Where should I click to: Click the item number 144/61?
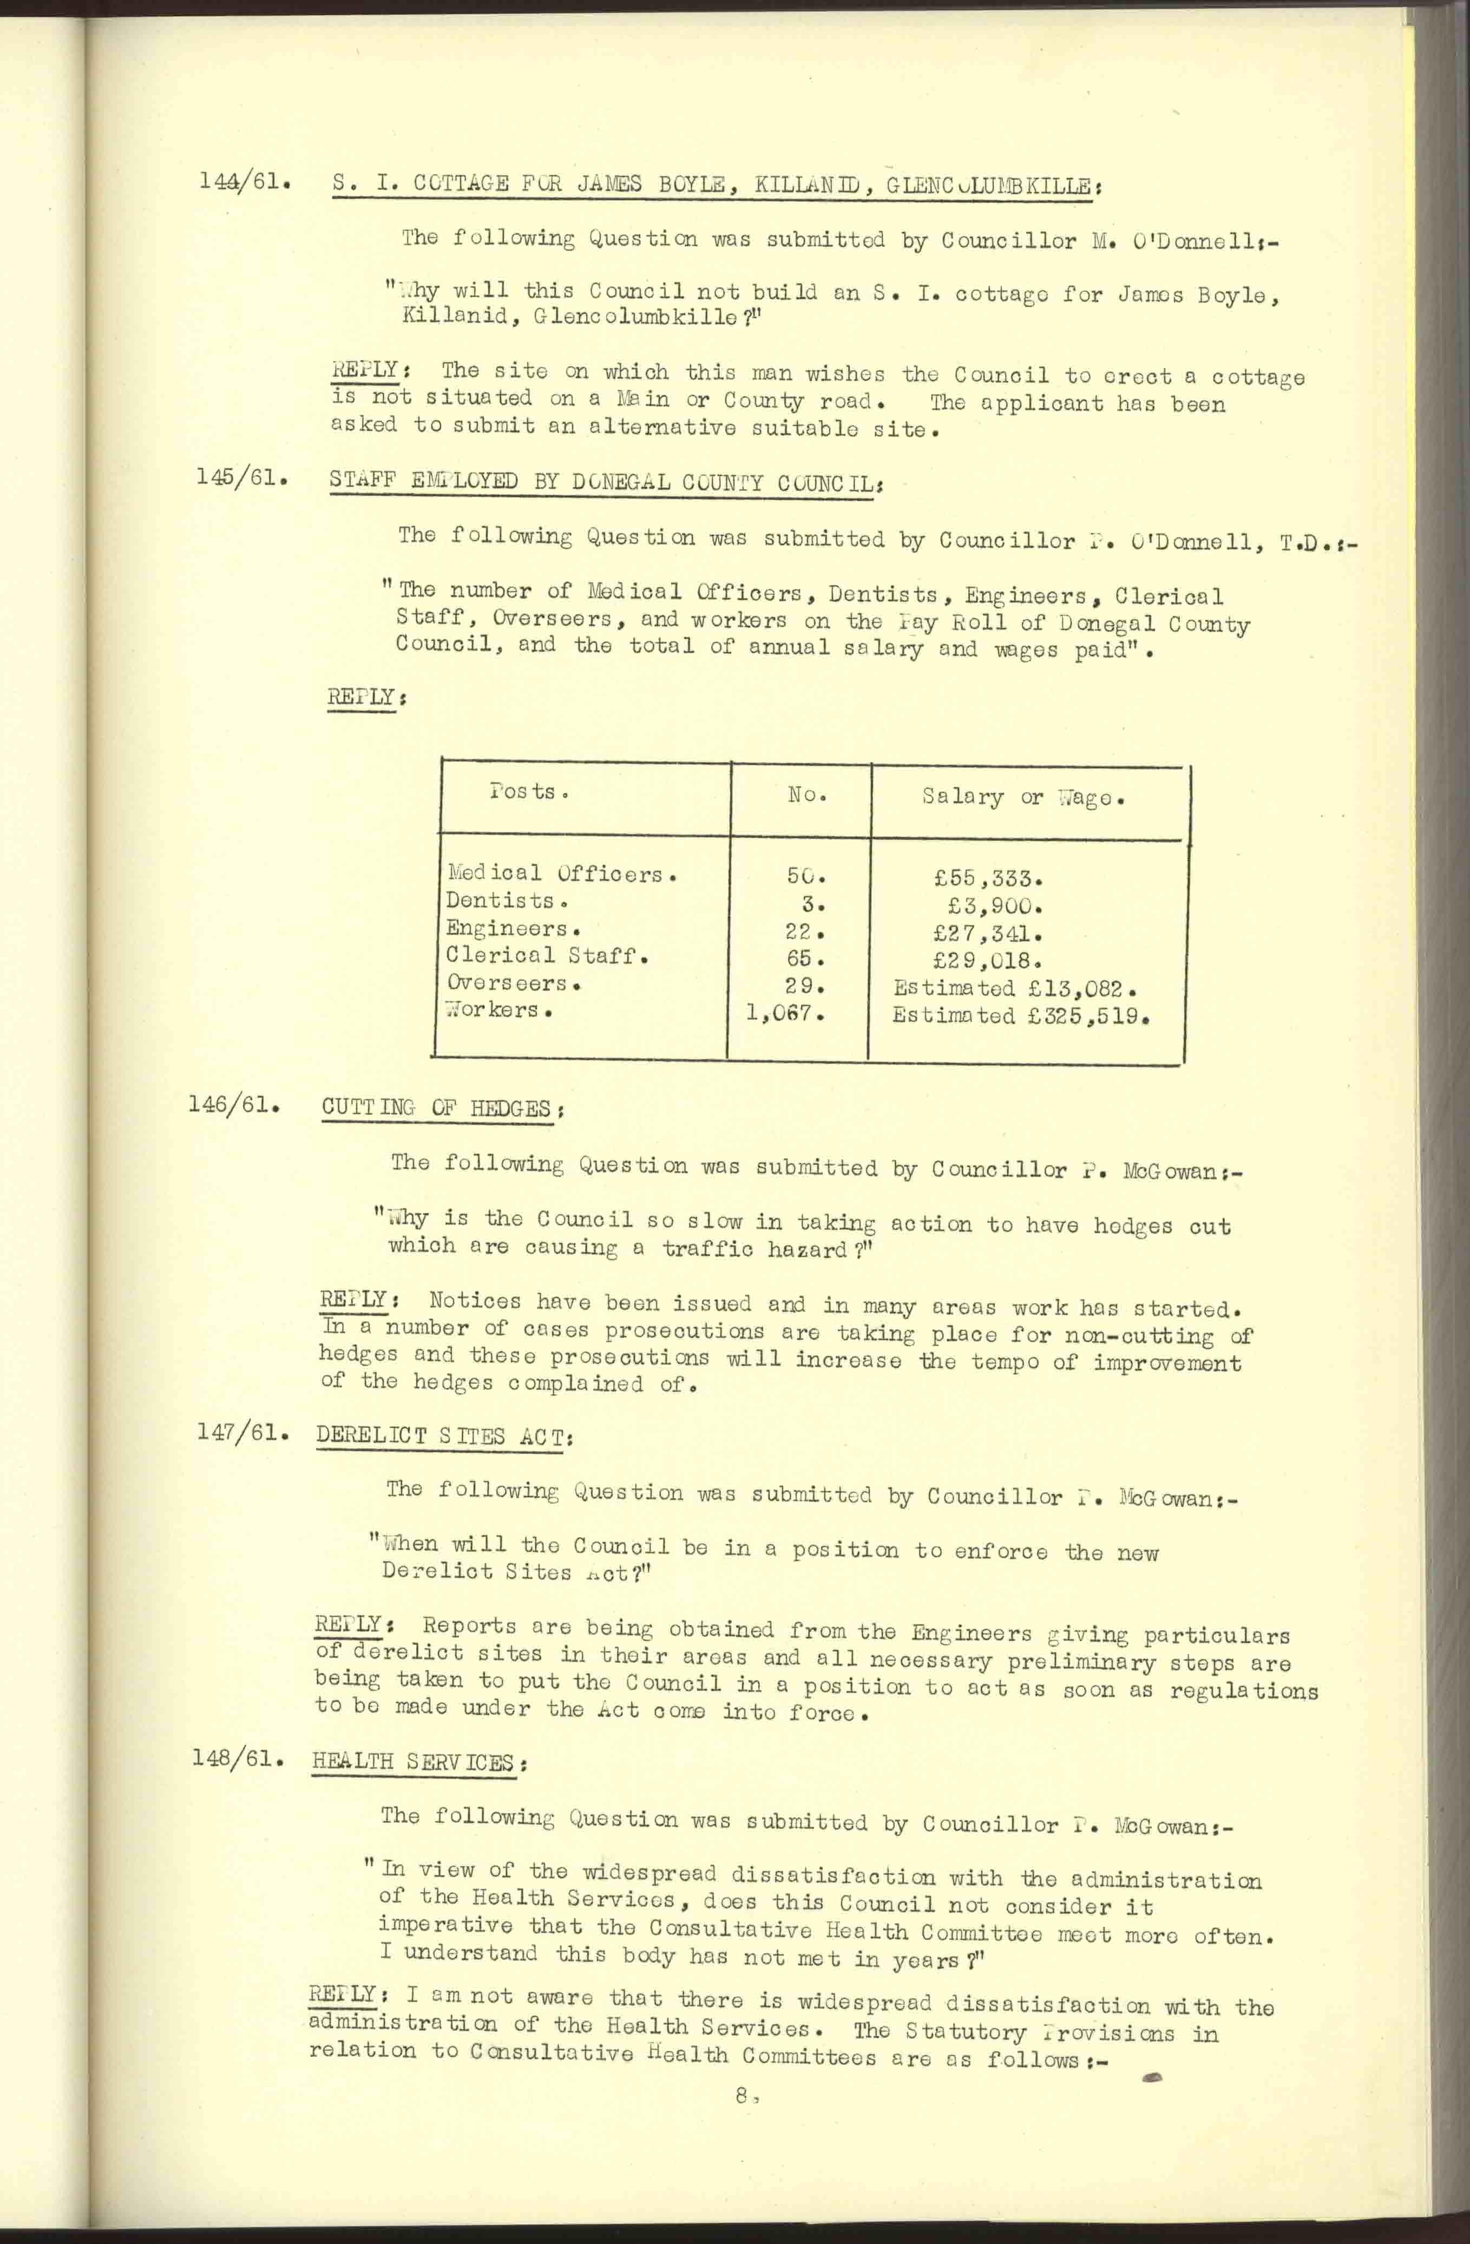(x=243, y=180)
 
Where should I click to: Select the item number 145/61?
(x=241, y=477)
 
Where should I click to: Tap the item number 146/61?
(x=234, y=1104)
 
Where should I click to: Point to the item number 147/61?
(x=241, y=1432)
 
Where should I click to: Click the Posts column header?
(x=529, y=792)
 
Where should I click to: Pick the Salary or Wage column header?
(x=1023, y=798)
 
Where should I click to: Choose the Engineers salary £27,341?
(x=986, y=934)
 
